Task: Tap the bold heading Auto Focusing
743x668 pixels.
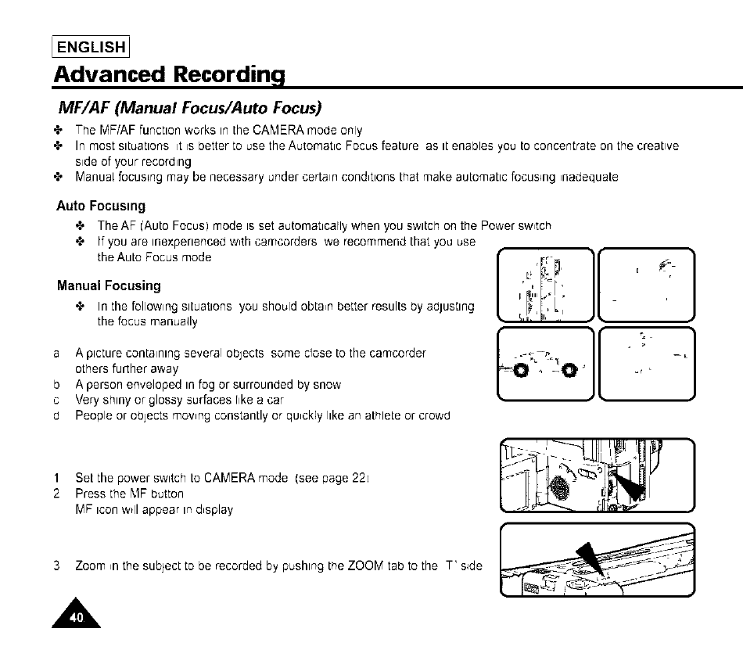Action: pyautogui.click(x=101, y=207)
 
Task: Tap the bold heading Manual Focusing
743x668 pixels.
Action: pyautogui.click(x=109, y=286)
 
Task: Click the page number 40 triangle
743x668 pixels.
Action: pyautogui.click(x=77, y=616)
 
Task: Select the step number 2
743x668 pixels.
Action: pyautogui.click(x=57, y=494)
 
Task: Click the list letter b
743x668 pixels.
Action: pyautogui.click(x=57, y=385)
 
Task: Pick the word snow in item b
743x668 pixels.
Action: pyautogui.click(x=328, y=385)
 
